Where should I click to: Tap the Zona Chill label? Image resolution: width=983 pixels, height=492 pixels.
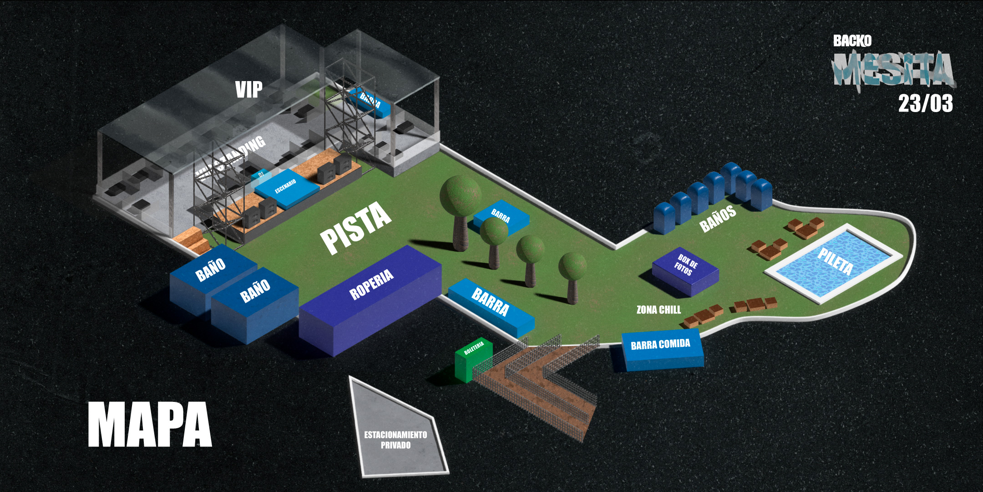(x=659, y=310)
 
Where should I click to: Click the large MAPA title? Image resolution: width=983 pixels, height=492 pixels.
(x=150, y=425)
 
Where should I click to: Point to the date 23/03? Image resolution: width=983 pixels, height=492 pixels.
(x=925, y=103)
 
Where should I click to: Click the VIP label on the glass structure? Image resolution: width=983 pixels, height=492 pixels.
(x=248, y=89)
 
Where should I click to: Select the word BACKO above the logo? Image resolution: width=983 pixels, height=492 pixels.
(x=852, y=41)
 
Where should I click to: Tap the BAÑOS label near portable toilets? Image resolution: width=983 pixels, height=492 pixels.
(x=718, y=219)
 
